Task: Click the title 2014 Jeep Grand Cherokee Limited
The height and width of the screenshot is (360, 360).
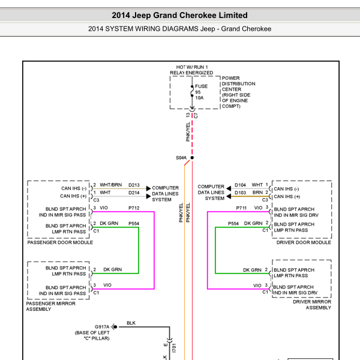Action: click(x=179, y=16)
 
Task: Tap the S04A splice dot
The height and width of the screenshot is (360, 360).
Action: click(x=192, y=157)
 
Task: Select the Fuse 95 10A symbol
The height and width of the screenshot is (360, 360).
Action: click(x=192, y=91)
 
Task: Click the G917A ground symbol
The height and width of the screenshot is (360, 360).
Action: click(x=115, y=327)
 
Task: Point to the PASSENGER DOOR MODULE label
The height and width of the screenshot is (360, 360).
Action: click(x=60, y=242)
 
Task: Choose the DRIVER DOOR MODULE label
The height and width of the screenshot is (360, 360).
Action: click(x=304, y=242)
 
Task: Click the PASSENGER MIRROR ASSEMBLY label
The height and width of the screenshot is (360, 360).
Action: click(x=51, y=306)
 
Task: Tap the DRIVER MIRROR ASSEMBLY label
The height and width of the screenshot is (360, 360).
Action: click(x=312, y=305)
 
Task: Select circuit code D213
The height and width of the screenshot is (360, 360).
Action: click(x=134, y=185)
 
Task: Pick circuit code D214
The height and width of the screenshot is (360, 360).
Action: click(x=134, y=193)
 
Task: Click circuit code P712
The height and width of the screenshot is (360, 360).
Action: click(x=134, y=208)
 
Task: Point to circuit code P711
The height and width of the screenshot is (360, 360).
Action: click(x=241, y=208)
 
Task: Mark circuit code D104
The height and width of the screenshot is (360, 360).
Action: click(x=240, y=185)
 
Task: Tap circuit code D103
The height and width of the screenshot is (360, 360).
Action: click(x=240, y=193)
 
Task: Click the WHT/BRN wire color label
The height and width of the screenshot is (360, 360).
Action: click(x=110, y=185)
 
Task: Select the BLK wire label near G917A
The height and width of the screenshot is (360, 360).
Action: click(x=131, y=323)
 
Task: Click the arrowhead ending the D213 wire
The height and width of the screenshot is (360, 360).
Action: click(x=149, y=188)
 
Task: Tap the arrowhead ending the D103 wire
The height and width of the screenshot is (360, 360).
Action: click(x=229, y=196)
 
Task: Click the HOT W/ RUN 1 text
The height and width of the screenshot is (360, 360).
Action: click(x=192, y=67)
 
